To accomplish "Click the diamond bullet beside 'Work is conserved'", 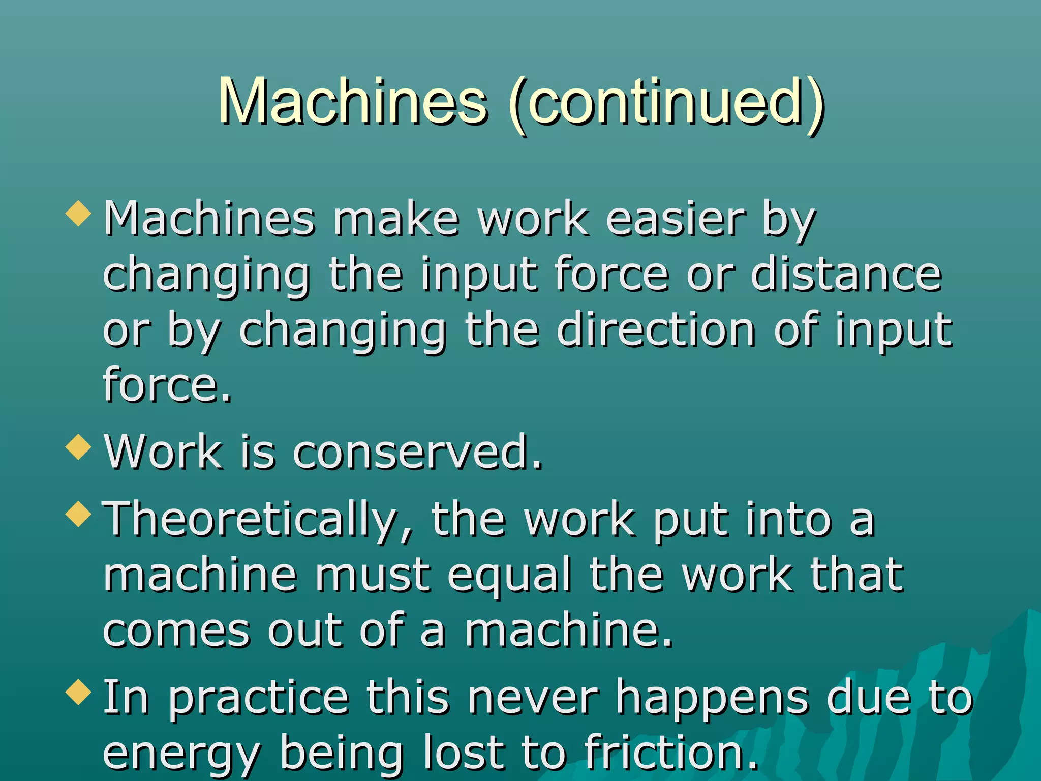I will click(x=78, y=446).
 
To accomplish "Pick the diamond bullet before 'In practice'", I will click(x=78, y=692).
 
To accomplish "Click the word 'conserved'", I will click(x=417, y=452).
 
